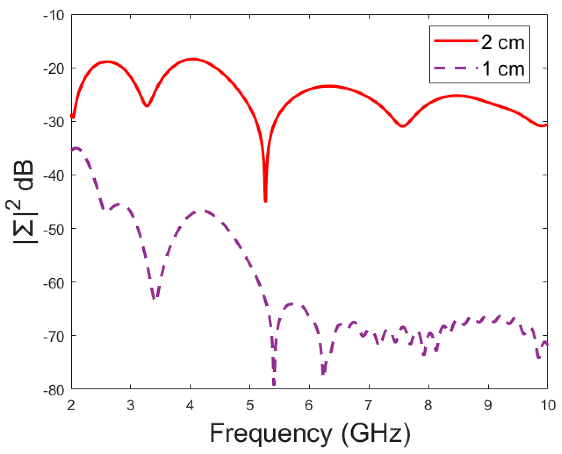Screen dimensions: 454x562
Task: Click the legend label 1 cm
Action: (503, 69)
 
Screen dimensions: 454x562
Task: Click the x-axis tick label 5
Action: (250, 405)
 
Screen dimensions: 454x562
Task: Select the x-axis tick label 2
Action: (71, 405)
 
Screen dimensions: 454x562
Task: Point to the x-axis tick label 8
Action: (428, 405)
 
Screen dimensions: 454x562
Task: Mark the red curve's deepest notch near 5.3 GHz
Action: (265, 200)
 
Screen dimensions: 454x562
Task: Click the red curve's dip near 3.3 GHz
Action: (147, 106)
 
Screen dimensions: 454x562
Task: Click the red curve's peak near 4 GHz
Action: (192, 59)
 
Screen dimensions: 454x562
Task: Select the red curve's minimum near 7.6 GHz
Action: (403, 126)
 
